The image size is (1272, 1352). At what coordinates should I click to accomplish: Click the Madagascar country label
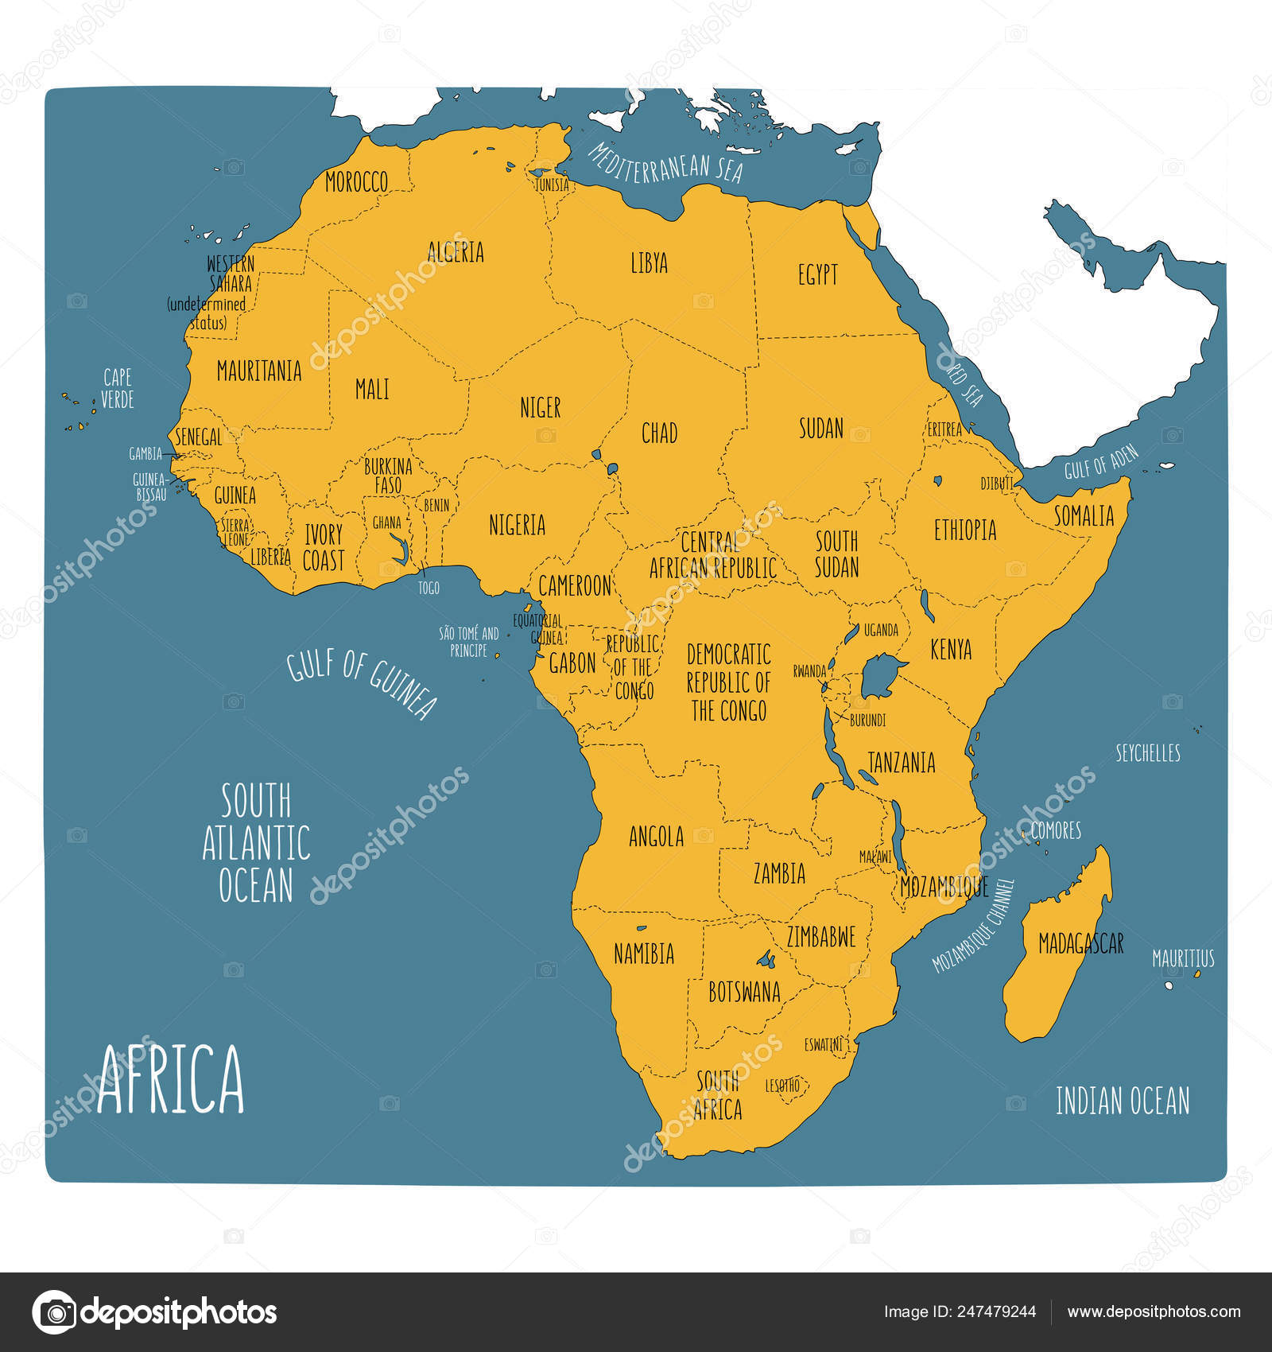(x=1080, y=943)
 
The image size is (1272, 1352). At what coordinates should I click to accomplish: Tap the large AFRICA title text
(x=170, y=1081)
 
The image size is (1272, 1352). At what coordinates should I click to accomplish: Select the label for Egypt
(x=817, y=275)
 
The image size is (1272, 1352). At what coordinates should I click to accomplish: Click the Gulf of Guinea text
(x=363, y=682)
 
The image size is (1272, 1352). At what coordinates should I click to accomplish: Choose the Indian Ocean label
(x=1122, y=1101)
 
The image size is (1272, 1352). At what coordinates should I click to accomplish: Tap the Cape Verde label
(x=118, y=388)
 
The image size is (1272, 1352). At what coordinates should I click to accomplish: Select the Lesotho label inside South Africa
(x=781, y=1085)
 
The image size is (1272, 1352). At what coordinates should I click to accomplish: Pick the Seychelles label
(x=1147, y=753)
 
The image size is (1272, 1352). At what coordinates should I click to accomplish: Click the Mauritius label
(x=1183, y=958)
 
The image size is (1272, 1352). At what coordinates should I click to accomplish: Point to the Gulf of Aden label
(x=1101, y=462)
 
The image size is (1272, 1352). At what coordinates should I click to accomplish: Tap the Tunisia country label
(x=552, y=185)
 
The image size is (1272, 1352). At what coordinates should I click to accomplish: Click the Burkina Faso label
(x=388, y=475)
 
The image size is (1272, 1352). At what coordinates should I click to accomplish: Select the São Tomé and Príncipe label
(x=469, y=641)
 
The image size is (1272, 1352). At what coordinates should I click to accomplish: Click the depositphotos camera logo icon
(x=54, y=1311)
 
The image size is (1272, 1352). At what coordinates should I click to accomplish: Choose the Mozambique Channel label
(x=974, y=926)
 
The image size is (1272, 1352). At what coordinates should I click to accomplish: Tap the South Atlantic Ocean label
(x=255, y=843)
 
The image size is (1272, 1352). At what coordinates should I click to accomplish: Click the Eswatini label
(x=823, y=1044)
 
